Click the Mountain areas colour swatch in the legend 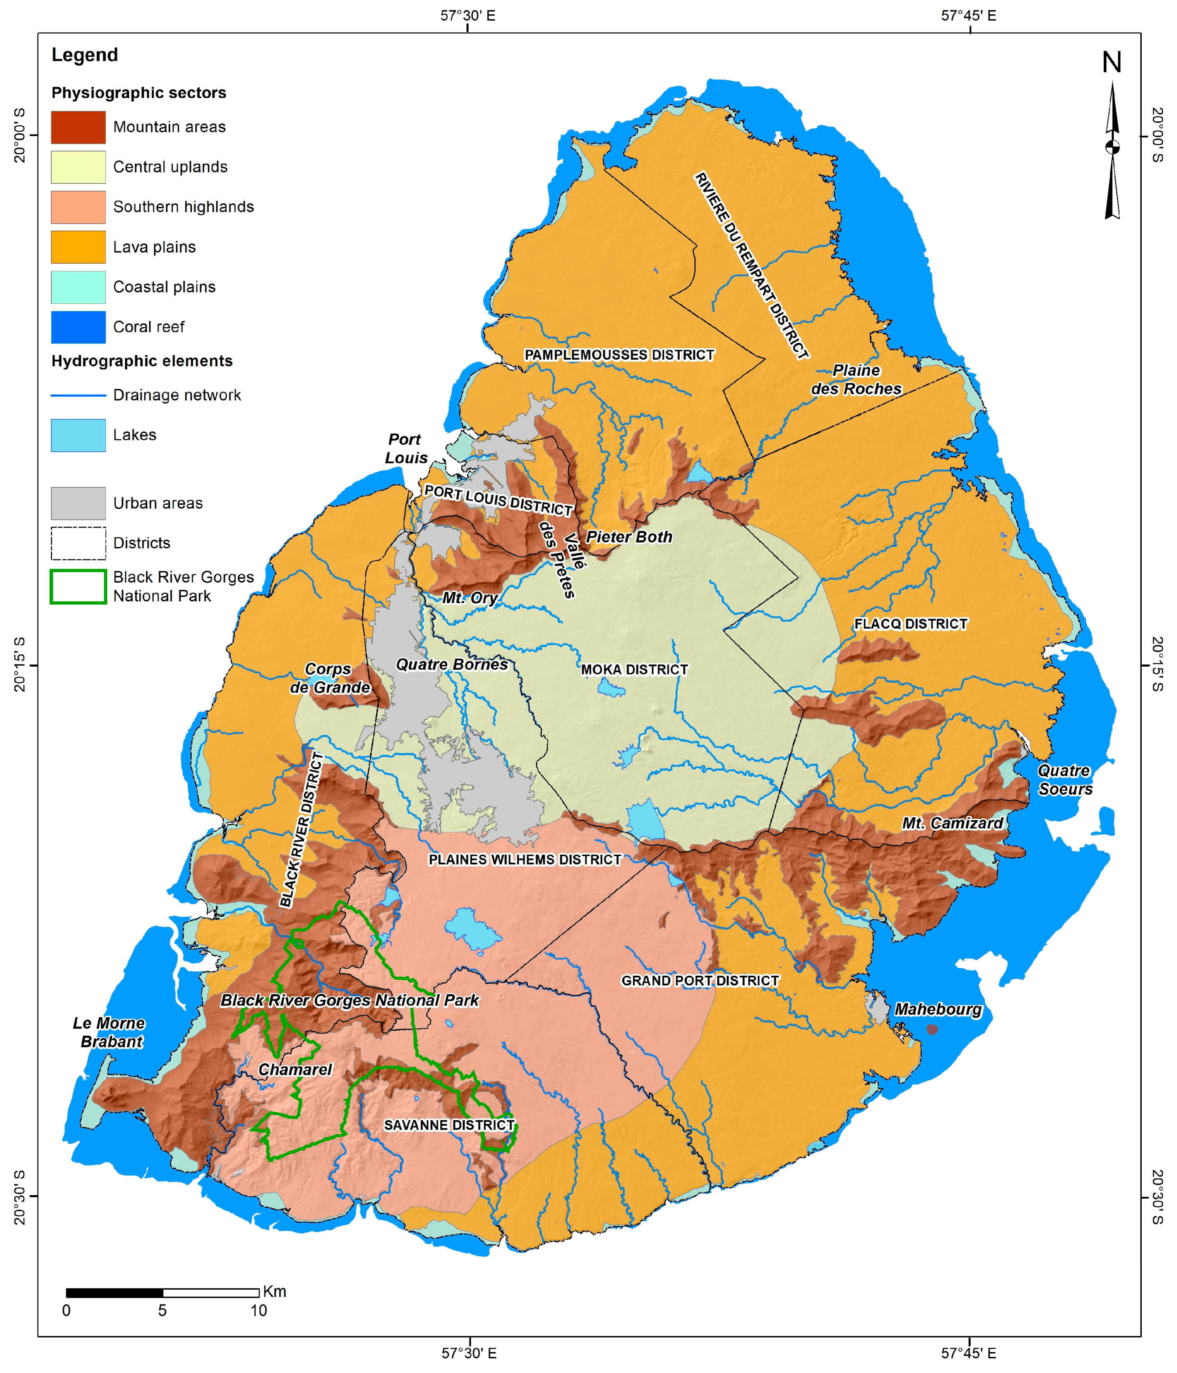pyautogui.click(x=78, y=127)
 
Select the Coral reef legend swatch pyautogui.click(x=78, y=327)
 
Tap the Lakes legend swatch pyautogui.click(x=78, y=435)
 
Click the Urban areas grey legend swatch pyautogui.click(x=78, y=503)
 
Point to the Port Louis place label pyautogui.click(x=405, y=448)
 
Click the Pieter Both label pyautogui.click(x=628, y=537)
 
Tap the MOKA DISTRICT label pyautogui.click(x=634, y=669)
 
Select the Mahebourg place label pyautogui.click(x=938, y=1009)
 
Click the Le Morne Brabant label pyautogui.click(x=109, y=1032)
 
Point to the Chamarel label pyautogui.click(x=295, y=1069)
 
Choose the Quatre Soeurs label pyautogui.click(x=1064, y=780)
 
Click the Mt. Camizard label pyautogui.click(x=952, y=823)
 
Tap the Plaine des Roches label pyautogui.click(x=856, y=380)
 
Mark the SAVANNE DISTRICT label pyautogui.click(x=449, y=1125)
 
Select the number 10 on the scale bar pyautogui.click(x=259, y=1310)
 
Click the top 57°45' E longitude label pyautogui.click(x=968, y=15)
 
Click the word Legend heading pyautogui.click(x=85, y=55)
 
